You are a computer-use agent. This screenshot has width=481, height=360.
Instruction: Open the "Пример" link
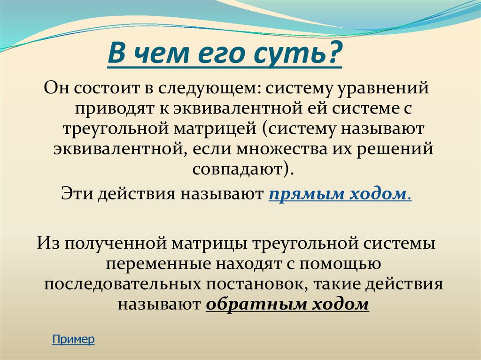(x=73, y=339)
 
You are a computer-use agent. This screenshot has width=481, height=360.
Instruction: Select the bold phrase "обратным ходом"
(x=287, y=305)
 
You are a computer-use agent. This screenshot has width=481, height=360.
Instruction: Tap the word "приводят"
(x=116, y=108)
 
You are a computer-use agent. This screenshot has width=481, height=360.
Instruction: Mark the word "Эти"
(x=77, y=194)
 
